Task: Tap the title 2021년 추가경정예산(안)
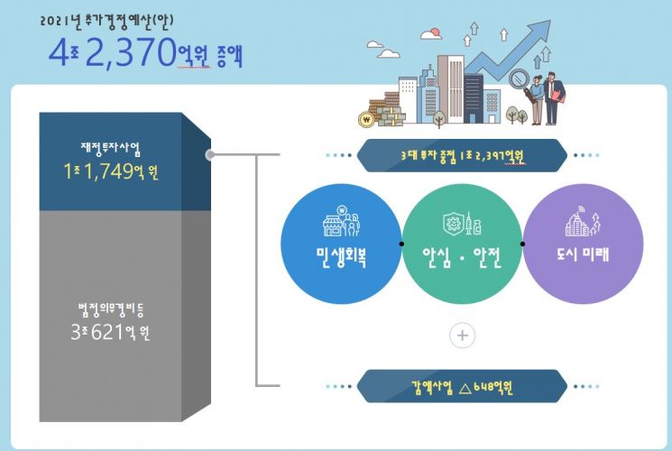pos(106,22)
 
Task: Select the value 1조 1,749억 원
pos(111,171)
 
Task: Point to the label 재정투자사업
pos(111,148)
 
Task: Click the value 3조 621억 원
pos(110,332)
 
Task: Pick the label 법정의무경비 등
pos(111,310)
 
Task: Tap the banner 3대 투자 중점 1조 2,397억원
pos(462,156)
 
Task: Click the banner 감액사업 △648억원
pos(462,387)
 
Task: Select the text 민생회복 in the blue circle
pos(341,256)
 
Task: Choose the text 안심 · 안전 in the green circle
pos(462,256)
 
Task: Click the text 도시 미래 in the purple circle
pos(583,254)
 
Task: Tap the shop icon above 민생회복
pos(341,221)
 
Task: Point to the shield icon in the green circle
pos(453,224)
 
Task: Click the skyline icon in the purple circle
pos(583,221)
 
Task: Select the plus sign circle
pos(462,336)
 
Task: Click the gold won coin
pos(366,120)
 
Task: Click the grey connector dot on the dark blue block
pos(210,155)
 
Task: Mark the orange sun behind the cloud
pos(436,32)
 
